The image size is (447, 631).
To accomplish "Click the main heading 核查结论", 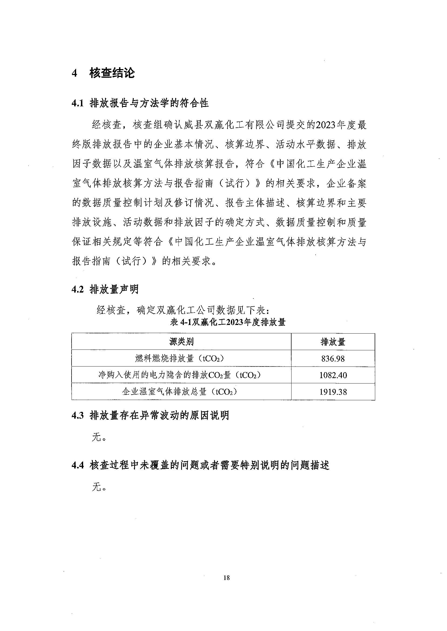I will (112, 73).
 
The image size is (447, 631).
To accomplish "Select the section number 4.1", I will (77, 103).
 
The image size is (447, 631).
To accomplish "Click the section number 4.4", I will (77, 466).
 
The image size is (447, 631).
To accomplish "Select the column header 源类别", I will (181, 342).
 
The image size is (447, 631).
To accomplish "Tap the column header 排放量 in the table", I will (333, 342).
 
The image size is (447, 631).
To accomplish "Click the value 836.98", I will (333, 359).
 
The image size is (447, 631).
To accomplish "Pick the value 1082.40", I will (333, 375).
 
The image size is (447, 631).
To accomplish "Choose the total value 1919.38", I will (333, 392).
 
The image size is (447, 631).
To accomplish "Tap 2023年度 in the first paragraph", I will (336, 125).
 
